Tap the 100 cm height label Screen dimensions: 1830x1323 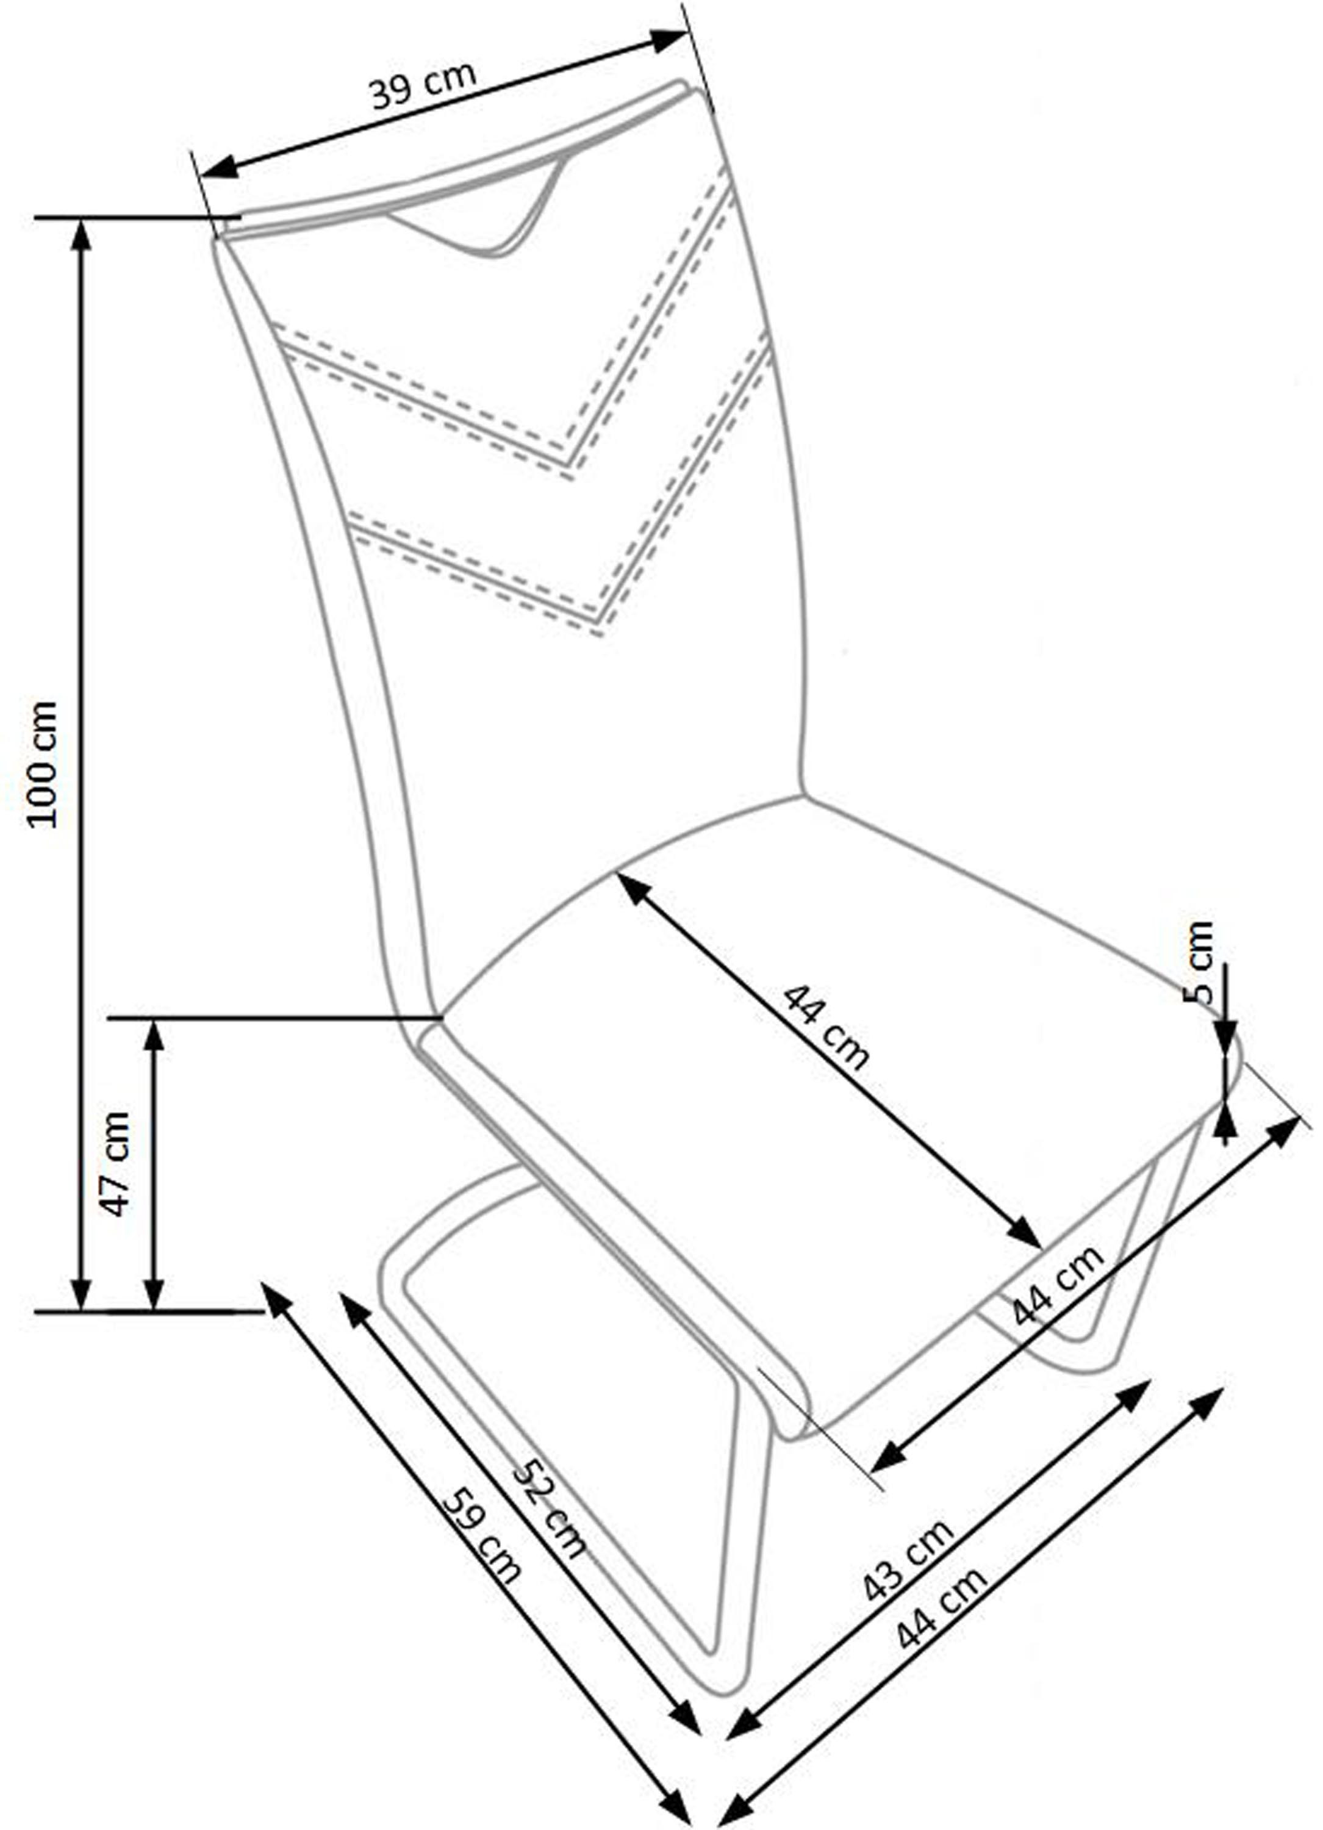coord(42,764)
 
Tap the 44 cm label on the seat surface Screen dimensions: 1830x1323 coord(826,1027)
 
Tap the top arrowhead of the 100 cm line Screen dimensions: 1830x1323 coord(80,235)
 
